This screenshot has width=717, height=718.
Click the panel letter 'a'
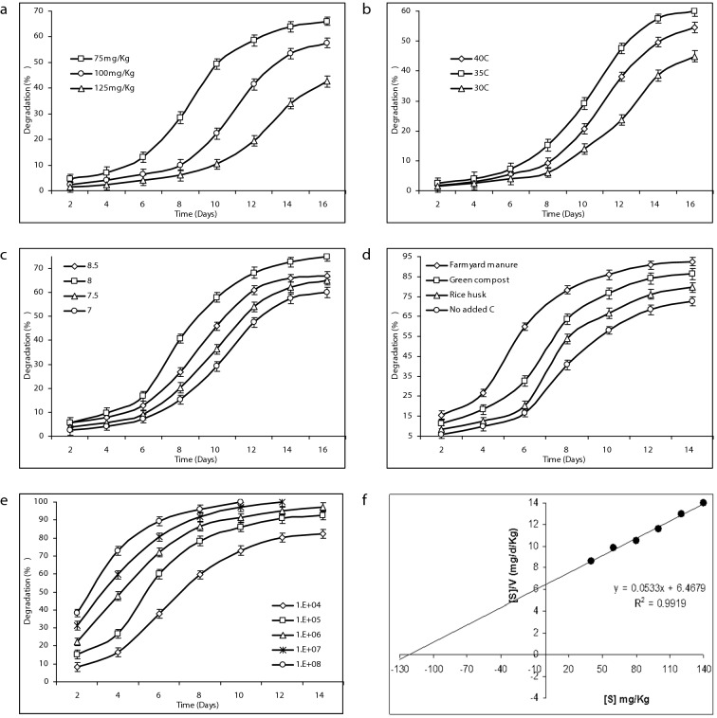pos(7,9)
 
